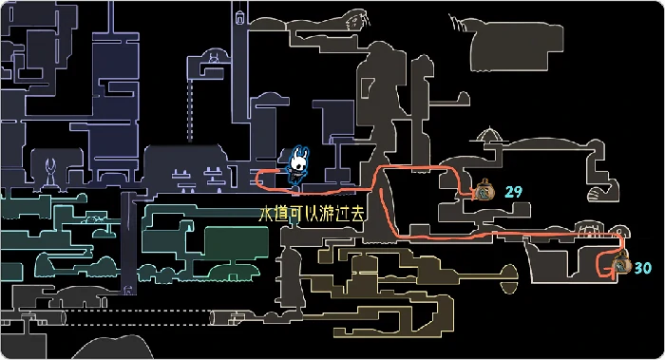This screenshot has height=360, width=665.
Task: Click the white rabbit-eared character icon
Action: click(x=297, y=165)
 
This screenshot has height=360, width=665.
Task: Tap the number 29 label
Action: click(x=514, y=192)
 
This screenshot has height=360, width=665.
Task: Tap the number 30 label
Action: click(x=643, y=269)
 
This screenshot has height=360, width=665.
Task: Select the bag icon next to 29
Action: click(x=484, y=191)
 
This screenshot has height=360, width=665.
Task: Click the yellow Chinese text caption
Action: click(x=312, y=215)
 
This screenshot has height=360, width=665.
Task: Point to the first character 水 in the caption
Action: click(x=266, y=215)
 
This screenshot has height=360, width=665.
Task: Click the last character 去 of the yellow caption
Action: click(x=357, y=215)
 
